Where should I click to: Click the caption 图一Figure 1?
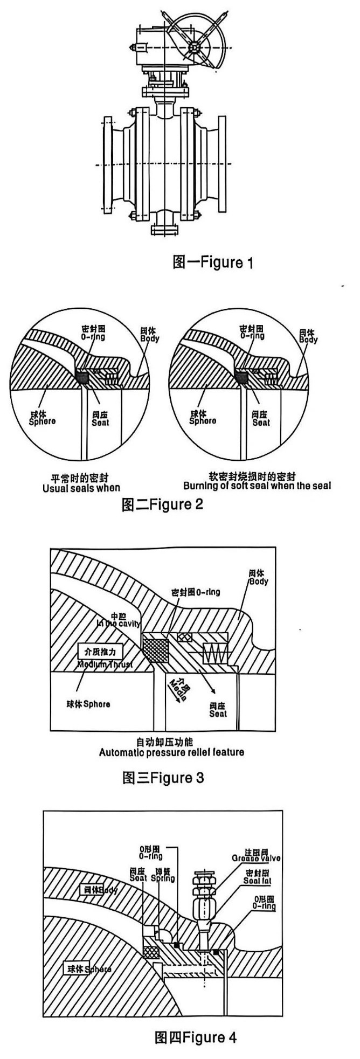click(x=212, y=262)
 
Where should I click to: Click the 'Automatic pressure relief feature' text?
click(x=171, y=752)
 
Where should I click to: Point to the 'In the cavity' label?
click(x=119, y=624)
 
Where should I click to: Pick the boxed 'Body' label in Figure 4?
click(x=98, y=890)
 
